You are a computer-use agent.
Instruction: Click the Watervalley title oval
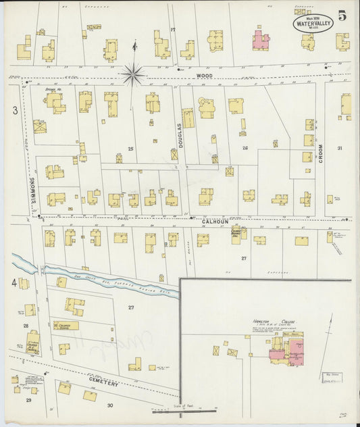[313, 22]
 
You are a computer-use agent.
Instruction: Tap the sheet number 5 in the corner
[342, 17]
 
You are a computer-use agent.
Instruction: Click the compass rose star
[133, 74]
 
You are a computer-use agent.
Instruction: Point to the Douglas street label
[180, 135]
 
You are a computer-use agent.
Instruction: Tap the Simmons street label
[31, 190]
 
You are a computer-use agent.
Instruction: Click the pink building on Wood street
[261, 40]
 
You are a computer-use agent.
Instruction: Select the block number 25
[131, 148]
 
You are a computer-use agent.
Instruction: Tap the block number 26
[245, 148]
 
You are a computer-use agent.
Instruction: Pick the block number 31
[340, 148]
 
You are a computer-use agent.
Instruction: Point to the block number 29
[28, 400]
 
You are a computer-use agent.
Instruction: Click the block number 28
[26, 326]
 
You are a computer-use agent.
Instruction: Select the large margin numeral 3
[14, 109]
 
